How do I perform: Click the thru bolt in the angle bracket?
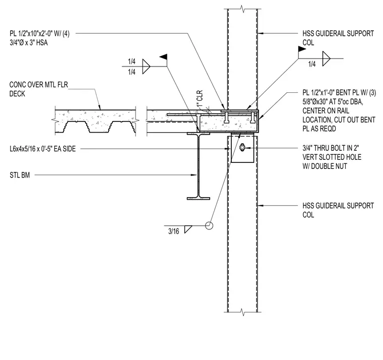click(242, 148)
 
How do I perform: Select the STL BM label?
click(20, 175)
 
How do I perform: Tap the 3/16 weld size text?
click(174, 231)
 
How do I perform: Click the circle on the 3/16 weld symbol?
click(209, 225)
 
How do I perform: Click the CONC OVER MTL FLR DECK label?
click(39, 89)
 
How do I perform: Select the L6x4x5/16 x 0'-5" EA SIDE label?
click(43, 149)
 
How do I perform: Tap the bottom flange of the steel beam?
click(199, 198)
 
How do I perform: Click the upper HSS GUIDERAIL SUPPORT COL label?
click(338, 38)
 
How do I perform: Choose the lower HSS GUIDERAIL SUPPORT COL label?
click(338, 210)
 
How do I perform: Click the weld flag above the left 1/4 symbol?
click(163, 57)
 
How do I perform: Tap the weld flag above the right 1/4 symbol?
click(302, 49)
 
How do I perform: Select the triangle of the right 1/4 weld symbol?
click(326, 58)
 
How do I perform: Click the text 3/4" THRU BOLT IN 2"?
click(331, 148)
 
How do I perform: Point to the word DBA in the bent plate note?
click(356, 102)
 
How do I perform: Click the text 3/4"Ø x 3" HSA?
click(29, 43)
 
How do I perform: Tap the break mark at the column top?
click(242, 9)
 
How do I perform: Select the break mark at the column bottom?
click(242, 312)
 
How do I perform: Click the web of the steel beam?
click(199, 166)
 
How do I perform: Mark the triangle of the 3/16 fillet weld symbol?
click(188, 229)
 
